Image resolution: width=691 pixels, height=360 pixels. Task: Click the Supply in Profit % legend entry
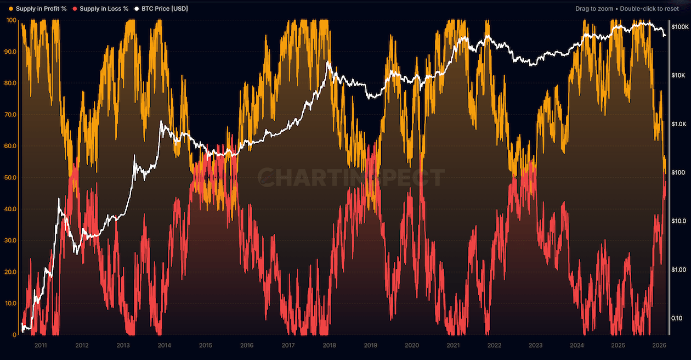[x=41, y=9]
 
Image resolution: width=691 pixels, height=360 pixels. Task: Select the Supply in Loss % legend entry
[x=104, y=9]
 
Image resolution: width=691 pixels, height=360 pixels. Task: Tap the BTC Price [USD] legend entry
[x=165, y=9]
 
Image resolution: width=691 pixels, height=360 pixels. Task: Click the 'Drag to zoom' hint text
[x=594, y=9]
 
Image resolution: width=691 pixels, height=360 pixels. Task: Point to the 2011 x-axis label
[x=41, y=345]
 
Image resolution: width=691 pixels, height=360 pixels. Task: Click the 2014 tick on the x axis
[x=165, y=345]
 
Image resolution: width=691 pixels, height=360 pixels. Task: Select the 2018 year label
[x=330, y=345]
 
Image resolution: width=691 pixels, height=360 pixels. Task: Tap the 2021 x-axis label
[x=453, y=345]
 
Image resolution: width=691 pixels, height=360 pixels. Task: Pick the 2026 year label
[x=659, y=345]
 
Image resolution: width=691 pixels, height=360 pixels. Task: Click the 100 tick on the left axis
[x=11, y=20]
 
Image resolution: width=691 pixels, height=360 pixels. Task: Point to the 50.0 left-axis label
[x=11, y=178]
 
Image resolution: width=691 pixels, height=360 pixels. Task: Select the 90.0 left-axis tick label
[x=11, y=52]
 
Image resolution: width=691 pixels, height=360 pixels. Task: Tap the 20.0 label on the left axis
[x=11, y=272]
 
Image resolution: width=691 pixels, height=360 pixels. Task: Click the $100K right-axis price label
[x=678, y=27]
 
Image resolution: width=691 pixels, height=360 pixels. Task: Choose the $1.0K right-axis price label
[x=678, y=124]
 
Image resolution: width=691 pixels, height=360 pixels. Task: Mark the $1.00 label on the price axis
[x=678, y=269]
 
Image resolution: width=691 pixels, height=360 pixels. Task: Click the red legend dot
[x=75, y=9]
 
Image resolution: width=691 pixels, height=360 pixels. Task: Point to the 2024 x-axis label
[x=577, y=345]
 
